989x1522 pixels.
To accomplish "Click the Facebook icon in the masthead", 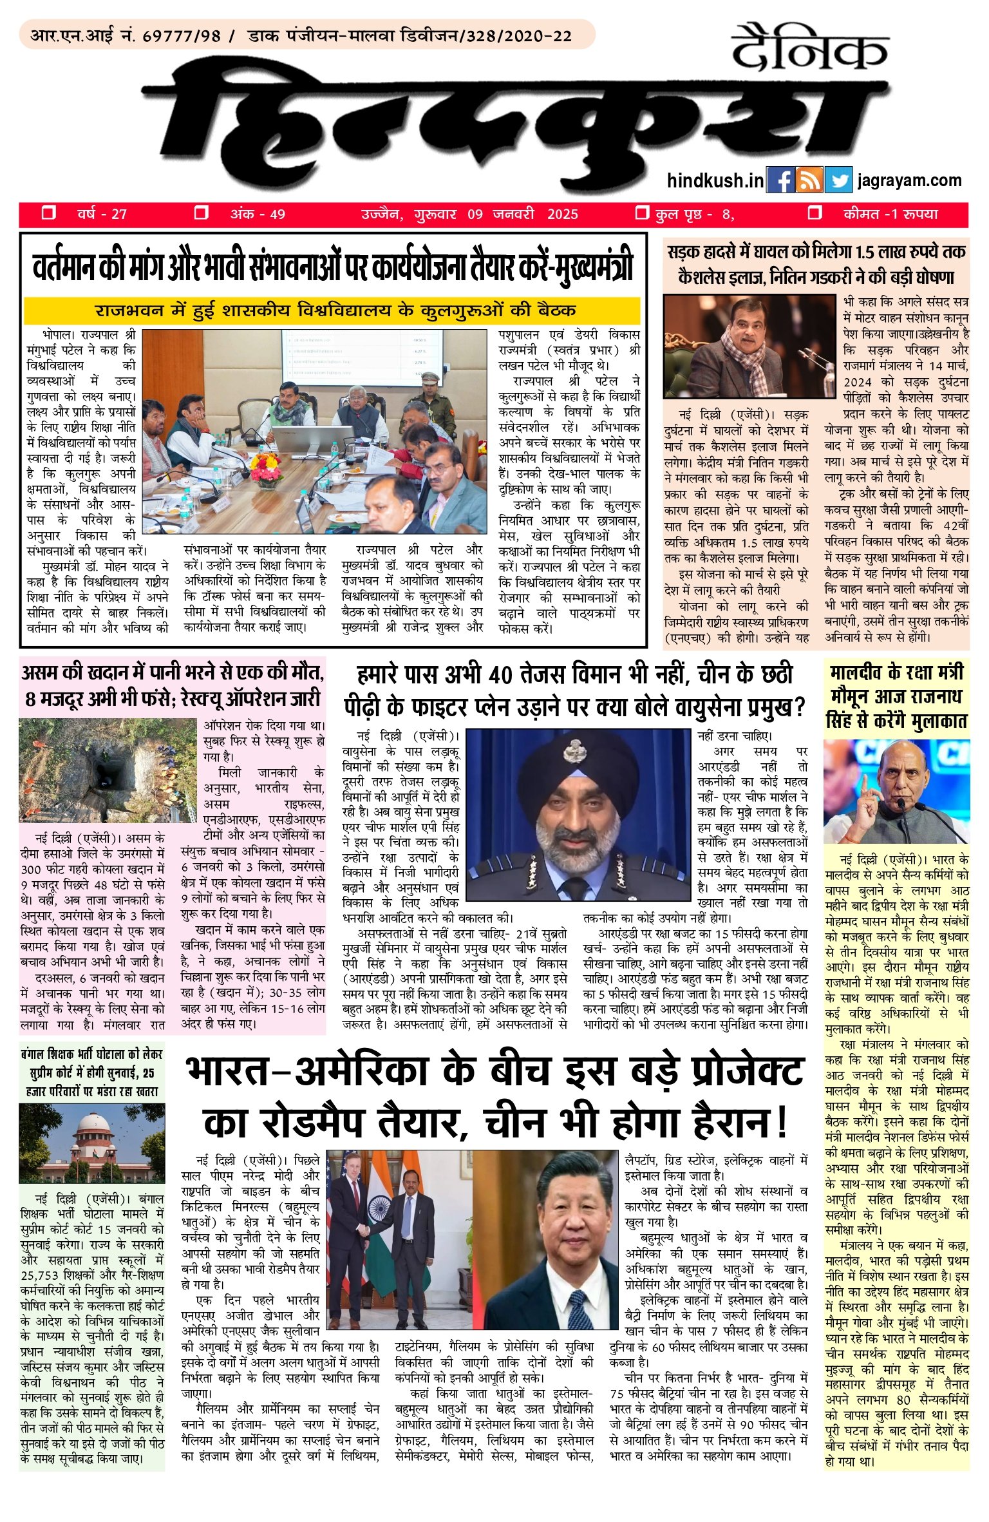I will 780,181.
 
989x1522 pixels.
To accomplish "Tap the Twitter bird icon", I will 838,181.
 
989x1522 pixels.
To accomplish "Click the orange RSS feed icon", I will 809,181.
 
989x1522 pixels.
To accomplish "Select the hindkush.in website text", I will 715,181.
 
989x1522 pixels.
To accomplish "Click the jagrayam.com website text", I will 909,181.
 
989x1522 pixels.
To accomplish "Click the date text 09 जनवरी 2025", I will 522,214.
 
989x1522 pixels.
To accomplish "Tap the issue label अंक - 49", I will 258,214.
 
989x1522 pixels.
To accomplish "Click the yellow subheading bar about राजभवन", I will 332,310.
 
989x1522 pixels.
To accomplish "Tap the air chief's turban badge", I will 573,750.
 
